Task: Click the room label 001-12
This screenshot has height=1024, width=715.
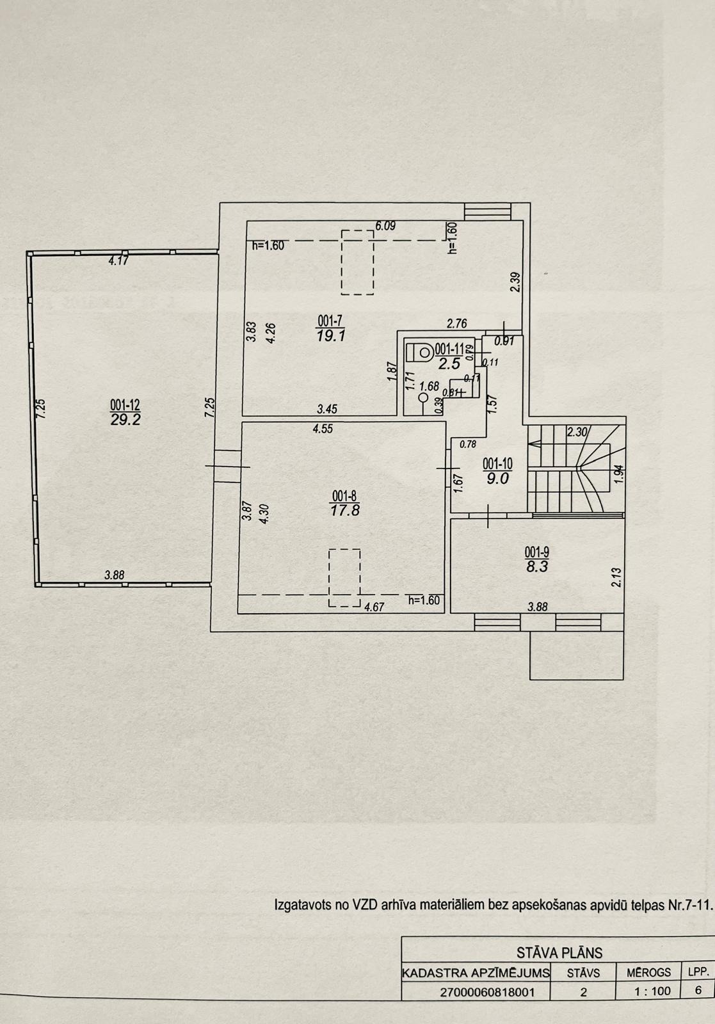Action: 125,404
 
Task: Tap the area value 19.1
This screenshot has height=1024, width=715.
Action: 330,337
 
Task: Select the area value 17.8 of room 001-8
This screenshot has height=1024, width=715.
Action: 345,510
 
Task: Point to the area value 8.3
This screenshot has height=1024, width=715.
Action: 537,567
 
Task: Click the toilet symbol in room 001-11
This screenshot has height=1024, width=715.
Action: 420,352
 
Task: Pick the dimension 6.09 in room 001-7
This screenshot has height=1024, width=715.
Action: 385,226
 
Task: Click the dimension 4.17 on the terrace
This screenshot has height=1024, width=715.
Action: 118,261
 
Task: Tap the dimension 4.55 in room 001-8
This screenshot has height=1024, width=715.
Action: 323,429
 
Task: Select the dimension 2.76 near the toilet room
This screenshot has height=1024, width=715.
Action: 456,324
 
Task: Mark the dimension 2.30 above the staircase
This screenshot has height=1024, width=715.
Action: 577,431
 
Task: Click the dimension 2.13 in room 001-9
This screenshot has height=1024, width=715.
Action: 616,577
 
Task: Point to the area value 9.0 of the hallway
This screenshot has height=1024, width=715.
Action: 498,479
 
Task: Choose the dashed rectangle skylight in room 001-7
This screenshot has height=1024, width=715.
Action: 358,262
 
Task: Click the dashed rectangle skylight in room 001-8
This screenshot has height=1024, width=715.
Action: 345,578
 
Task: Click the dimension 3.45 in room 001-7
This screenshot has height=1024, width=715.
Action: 327,409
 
